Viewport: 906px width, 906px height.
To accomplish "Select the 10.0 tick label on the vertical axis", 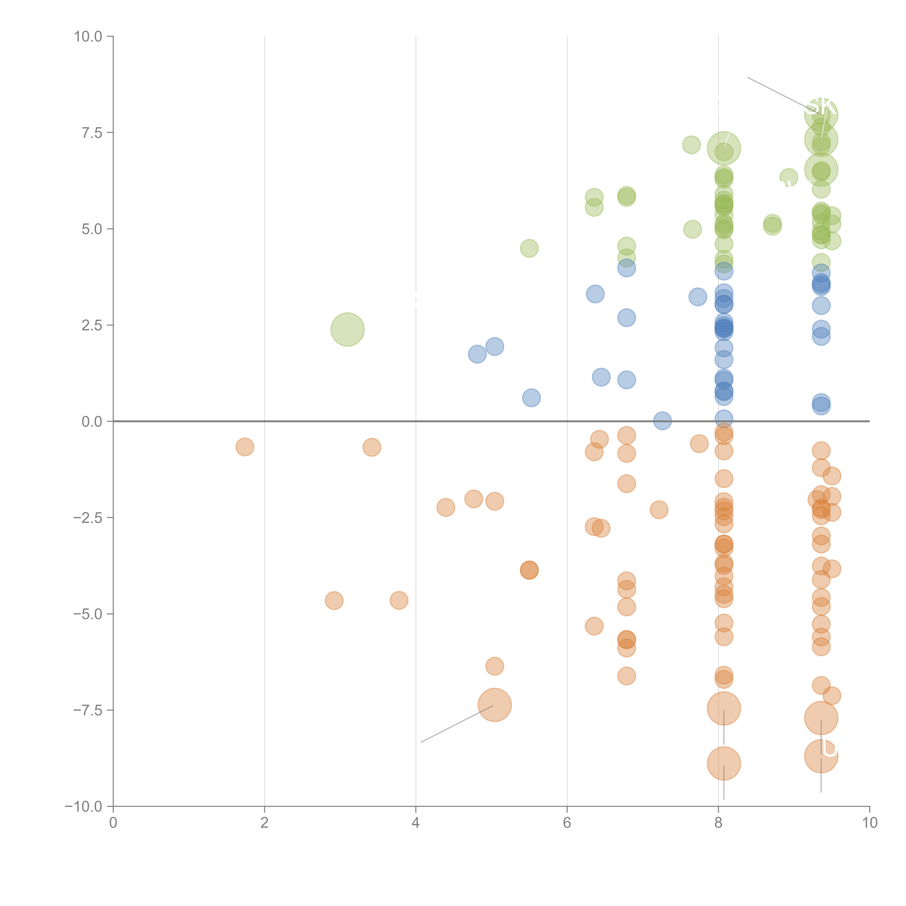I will click(x=88, y=37).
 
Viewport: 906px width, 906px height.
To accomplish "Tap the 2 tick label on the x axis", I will click(x=265, y=822).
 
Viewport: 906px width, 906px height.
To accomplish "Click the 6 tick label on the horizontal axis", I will click(x=567, y=822).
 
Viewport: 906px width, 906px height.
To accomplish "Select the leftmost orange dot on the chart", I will click(x=245, y=447).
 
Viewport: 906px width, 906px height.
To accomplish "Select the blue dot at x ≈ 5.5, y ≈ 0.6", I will click(x=531, y=398).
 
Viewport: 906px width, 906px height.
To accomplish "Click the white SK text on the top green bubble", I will click(x=821, y=107).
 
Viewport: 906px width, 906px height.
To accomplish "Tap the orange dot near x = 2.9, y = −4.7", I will click(x=334, y=600).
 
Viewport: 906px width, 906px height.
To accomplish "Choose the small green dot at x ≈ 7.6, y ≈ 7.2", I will click(x=691, y=145).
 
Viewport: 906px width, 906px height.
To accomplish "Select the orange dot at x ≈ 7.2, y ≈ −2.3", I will click(x=659, y=510).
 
